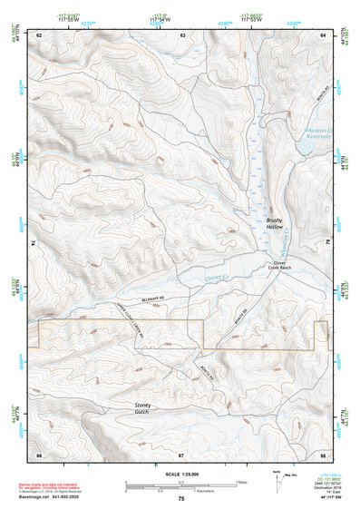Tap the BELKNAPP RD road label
[x=131, y=298]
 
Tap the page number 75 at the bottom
[x=180, y=498]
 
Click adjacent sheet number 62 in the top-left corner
[x=39, y=34]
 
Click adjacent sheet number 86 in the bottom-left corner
[x=39, y=453]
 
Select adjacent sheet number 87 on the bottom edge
[x=181, y=453]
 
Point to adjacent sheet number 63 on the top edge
[x=181, y=34]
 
